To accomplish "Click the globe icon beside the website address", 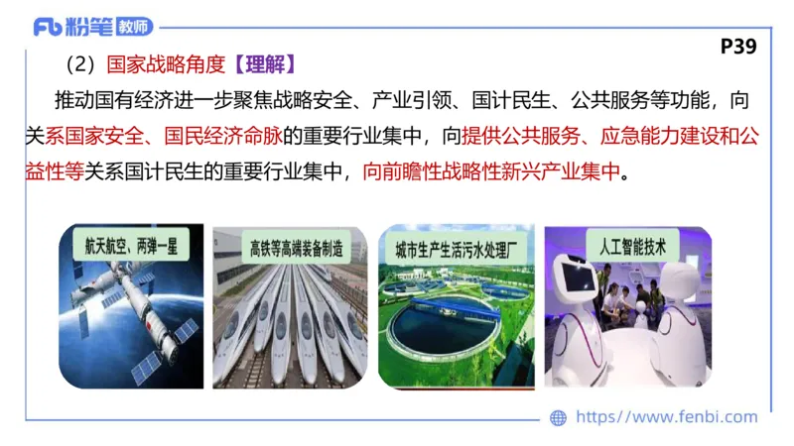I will click(559, 418).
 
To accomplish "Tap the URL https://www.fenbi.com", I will click(666, 418).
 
